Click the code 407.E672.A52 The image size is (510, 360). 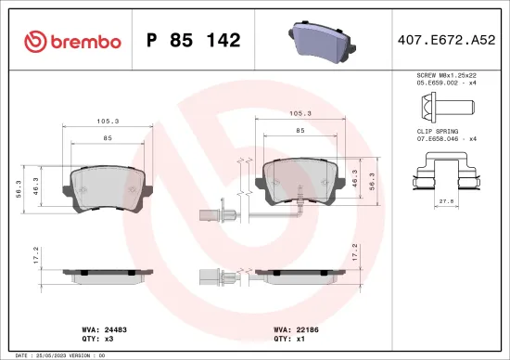click(x=445, y=40)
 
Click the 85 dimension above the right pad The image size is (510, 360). click(x=300, y=131)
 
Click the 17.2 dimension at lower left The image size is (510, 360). click(x=35, y=256)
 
